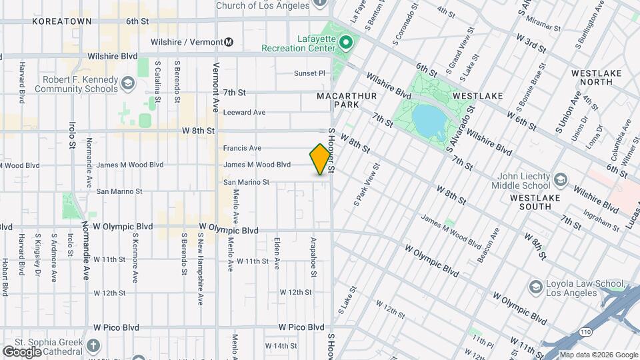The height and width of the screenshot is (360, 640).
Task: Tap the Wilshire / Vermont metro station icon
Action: pyautogui.click(x=229, y=42)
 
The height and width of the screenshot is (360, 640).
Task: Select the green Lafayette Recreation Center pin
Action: pyautogui.click(x=345, y=43)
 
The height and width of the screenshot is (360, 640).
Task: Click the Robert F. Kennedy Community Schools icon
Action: pyautogui.click(x=128, y=83)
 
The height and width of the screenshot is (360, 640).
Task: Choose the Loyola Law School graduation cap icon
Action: pyautogui.click(x=535, y=287)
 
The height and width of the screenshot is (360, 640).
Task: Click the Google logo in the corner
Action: pyautogui.click(x=22, y=351)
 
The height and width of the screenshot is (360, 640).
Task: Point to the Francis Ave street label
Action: pyautogui.click(x=242, y=148)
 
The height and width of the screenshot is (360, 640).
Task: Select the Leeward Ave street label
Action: pyautogui.click(x=244, y=113)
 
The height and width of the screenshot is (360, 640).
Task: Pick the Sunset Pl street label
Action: pyautogui.click(x=309, y=73)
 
